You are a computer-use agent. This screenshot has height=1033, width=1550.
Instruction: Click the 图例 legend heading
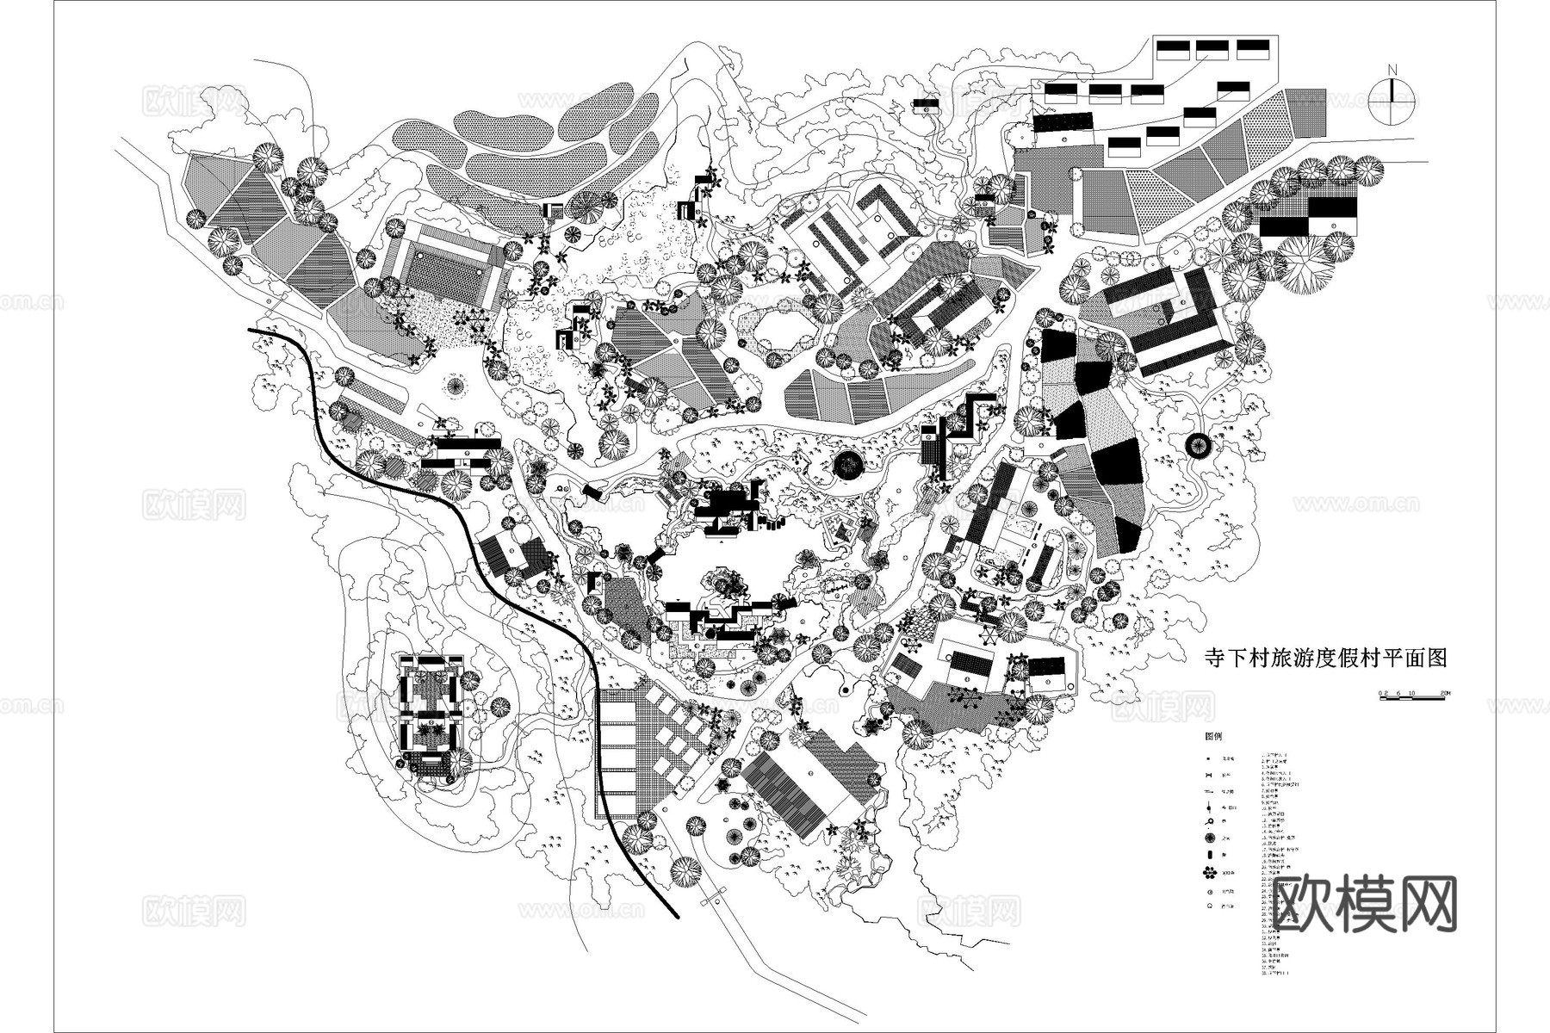point(1214,738)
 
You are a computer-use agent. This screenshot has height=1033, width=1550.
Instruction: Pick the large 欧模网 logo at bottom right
point(1364,904)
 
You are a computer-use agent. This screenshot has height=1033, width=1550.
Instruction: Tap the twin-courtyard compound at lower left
point(427,714)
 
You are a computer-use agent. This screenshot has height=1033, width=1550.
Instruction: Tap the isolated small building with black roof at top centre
point(927,105)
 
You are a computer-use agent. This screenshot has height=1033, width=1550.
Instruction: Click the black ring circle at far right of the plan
point(1198,444)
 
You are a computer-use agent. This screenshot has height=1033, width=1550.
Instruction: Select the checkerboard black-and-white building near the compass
point(1308,216)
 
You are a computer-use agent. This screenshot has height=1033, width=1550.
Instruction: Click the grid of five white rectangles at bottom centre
point(617,745)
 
